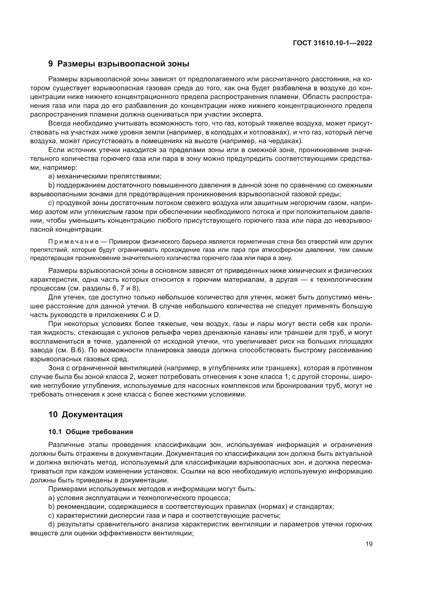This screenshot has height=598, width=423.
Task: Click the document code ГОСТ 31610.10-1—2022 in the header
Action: click(333, 43)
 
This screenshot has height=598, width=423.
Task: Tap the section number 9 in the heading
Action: click(51, 64)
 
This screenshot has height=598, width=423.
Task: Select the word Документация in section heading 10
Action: click(92, 414)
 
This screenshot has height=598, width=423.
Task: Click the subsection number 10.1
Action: click(55, 432)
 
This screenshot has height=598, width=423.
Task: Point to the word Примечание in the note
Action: click(73, 242)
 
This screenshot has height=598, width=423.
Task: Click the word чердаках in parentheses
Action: click(287, 141)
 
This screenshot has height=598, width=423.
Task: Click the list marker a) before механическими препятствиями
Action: click(51, 176)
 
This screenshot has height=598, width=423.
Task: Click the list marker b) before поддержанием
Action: click(51, 185)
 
